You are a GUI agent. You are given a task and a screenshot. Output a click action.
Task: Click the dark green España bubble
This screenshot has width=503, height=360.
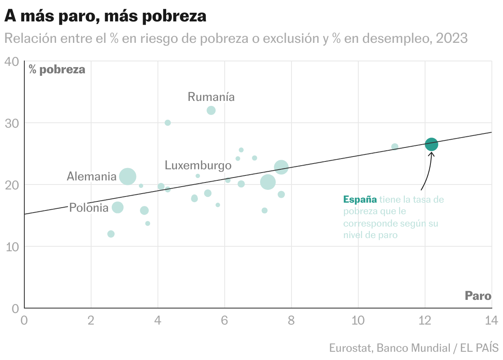click(431, 145)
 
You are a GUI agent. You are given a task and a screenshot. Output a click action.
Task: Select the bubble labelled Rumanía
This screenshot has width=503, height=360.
click(211, 110)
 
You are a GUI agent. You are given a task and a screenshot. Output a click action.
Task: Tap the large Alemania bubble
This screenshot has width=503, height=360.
click(128, 176)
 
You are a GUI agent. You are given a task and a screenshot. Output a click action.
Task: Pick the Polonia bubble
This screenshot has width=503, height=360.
click(118, 207)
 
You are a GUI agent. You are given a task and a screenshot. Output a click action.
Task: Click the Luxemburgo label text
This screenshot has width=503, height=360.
click(198, 166)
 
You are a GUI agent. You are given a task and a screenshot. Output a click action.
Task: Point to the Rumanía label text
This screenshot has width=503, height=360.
click(211, 97)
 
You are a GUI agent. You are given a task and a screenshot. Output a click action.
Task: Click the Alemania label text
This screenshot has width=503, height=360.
click(92, 177)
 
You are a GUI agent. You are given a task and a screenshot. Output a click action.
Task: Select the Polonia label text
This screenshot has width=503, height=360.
click(89, 208)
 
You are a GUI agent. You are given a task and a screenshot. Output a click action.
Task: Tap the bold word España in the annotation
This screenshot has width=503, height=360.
click(360, 200)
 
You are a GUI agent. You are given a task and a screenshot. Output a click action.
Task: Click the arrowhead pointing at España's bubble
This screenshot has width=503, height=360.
click(431, 154)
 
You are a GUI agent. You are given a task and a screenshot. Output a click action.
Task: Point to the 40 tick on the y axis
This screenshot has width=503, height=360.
click(12, 62)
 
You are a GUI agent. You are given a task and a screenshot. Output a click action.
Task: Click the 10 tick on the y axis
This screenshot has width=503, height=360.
click(12, 246)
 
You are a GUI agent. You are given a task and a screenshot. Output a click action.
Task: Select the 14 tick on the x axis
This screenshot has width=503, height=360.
click(491, 320)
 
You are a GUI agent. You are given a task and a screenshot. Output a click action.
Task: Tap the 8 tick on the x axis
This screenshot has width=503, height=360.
click(291, 320)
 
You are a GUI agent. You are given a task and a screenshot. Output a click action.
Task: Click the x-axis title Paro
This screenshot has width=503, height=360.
click(478, 296)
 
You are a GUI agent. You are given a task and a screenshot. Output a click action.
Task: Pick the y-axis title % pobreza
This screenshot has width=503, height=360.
click(57, 70)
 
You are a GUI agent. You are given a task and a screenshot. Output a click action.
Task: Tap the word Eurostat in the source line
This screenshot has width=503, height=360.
click(350, 348)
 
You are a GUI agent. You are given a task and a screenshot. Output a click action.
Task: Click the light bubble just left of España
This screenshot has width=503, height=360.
click(395, 147)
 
